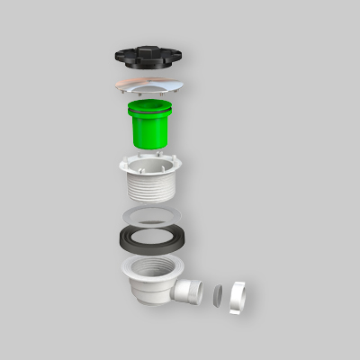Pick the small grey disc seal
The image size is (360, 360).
coord(219,294)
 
